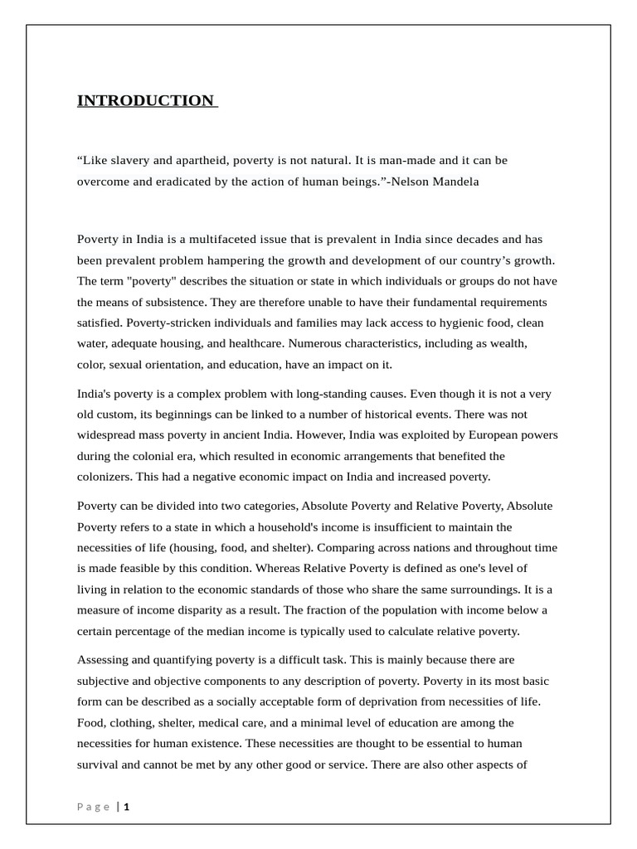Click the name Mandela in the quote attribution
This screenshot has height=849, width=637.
pos(455,181)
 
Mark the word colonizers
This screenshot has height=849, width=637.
pos(105,477)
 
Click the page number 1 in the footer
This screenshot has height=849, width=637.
pos(127,807)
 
